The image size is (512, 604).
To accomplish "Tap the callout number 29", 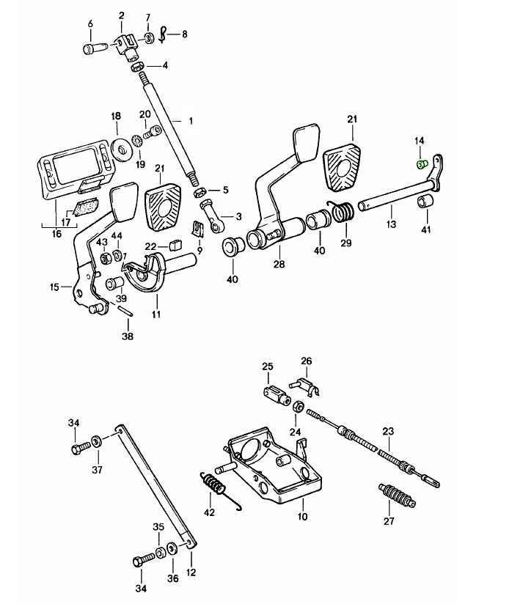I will coord(345,243).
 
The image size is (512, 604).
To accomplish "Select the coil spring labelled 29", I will coord(343,213).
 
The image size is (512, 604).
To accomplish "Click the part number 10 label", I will coord(302,517).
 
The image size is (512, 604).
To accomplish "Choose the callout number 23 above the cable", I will coord(388,431).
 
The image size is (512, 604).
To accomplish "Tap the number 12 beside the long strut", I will coord(192,572).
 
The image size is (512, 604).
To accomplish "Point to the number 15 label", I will coord(54,287).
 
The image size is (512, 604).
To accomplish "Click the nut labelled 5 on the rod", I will coord(197,191).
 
